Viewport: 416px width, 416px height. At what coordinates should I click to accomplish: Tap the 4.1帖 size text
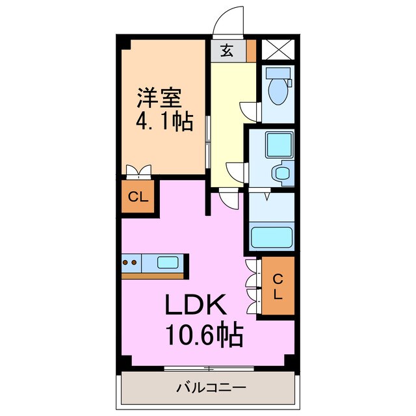164,122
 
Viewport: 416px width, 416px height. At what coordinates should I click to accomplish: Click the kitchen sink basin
168,263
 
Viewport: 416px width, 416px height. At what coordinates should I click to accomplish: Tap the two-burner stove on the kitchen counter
131,263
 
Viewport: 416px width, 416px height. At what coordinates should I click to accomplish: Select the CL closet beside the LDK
277,287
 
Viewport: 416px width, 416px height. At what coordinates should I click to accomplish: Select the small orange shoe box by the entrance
251,50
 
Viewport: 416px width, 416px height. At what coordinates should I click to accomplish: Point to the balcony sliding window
208,369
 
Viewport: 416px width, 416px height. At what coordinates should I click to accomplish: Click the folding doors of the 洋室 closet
138,172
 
